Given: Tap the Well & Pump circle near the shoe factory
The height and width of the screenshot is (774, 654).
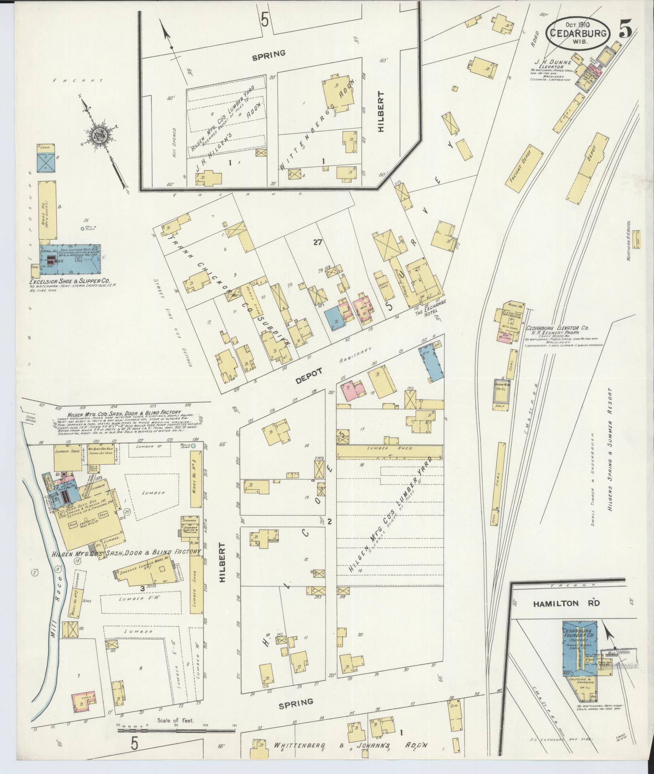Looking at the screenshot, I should click(x=82, y=229).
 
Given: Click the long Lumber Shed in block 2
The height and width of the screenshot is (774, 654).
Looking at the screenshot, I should click(x=390, y=448).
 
